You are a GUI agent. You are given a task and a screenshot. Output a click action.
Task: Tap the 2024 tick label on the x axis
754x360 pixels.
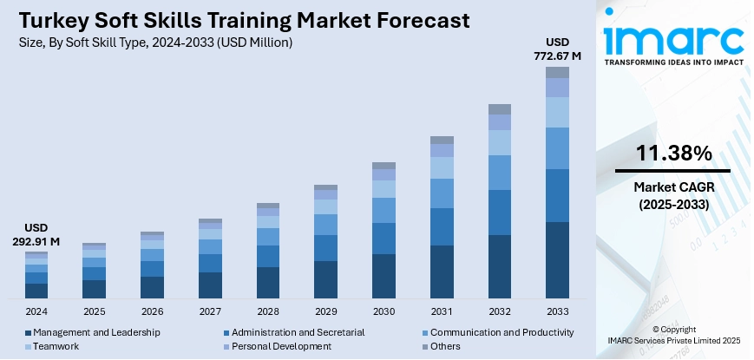click(36, 311)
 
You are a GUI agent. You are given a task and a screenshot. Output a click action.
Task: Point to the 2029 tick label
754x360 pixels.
click(325, 311)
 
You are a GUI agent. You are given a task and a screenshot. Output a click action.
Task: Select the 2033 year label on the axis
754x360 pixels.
click(556, 311)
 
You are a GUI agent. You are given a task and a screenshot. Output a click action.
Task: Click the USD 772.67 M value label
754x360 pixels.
click(557, 49)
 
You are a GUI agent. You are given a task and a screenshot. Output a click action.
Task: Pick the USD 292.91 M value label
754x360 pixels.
click(36, 234)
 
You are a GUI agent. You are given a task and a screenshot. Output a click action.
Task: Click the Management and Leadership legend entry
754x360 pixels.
click(96, 332)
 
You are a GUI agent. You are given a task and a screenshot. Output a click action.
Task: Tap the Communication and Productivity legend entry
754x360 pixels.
click(502, 332)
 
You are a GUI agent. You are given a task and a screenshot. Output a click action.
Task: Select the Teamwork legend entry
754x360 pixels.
click(56, 346)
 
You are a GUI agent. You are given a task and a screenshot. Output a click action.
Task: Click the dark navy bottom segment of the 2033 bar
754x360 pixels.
click(557, 260)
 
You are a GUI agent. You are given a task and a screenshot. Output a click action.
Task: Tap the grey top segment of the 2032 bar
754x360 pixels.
click(499, 109)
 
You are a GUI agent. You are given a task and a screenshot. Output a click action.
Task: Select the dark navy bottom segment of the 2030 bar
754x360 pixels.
click(384, 277)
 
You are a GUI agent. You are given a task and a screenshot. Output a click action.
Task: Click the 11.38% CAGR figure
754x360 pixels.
click(673, 154)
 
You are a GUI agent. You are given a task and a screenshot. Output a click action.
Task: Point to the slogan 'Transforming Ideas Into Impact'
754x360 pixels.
click(674, 63)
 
